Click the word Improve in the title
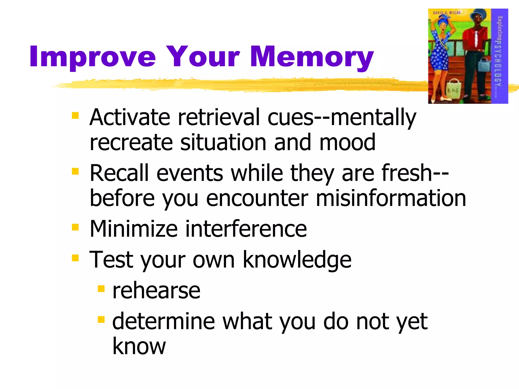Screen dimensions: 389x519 coord(92,57)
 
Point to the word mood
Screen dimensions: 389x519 coord(347,142)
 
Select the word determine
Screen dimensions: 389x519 coord(164,322)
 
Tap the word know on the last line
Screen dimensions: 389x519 coord(139,346)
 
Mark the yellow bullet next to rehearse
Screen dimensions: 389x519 coord(101,288)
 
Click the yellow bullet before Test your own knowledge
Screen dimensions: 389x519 coord(75,258)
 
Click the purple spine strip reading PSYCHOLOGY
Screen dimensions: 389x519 coord(499,56)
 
